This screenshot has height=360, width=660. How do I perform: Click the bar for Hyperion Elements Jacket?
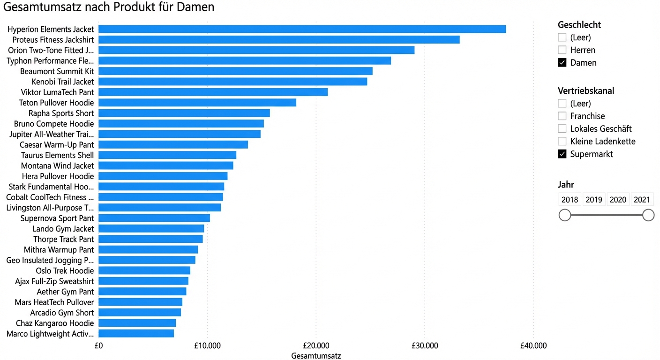point(302,29)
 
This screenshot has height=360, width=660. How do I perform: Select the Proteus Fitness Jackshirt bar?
point(279,39)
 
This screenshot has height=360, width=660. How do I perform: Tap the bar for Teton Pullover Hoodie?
point(197,103)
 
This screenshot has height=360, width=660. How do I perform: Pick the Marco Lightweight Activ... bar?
point(136,333)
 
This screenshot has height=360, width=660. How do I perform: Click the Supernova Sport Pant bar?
point(154,218)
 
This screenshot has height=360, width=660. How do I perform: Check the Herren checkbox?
point(562,50)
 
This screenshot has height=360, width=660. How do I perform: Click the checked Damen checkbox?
point(562,62)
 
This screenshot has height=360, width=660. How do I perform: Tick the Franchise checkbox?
point(562,116)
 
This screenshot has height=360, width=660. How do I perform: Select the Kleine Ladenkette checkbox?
point(562,141)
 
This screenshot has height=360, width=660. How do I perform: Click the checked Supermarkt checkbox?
point(562,154)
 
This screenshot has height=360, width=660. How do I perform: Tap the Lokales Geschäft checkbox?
point(562,128)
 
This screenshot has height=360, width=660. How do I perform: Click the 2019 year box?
point(593,200)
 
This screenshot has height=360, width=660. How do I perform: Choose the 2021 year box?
point(642,200)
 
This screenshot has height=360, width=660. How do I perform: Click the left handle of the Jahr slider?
point(565,215)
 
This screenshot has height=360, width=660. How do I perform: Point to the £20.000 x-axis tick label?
point(316,346)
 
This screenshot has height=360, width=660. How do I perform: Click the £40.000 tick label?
point(533,346)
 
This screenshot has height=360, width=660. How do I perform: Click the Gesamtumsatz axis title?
point(316,356)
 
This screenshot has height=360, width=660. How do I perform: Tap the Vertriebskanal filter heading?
point(586,90)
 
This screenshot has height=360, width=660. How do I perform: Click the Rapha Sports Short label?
point(61,113)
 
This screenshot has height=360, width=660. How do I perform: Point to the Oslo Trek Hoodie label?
point(65,271)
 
